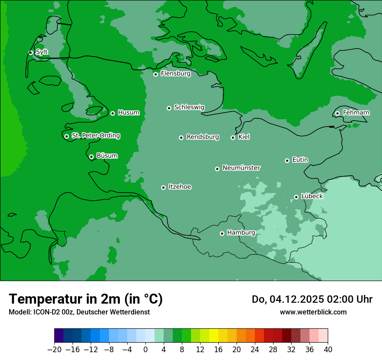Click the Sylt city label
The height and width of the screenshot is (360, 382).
tap(42, 52)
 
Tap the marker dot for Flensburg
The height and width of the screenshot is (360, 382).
tap(155, 74)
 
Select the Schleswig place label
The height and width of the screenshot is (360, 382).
tap(189, 107)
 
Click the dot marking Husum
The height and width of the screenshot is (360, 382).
tap(112, 113)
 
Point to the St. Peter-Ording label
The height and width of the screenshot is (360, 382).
tap(95, 136)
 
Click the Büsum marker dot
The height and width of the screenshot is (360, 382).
tap(91, 157)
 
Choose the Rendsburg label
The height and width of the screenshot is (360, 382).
tap(203, 137)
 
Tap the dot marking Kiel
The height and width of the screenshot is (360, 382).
tap(233, 137)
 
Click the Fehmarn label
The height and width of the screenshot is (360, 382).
tap(356, 113)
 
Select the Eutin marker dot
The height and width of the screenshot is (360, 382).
tap(287, 160)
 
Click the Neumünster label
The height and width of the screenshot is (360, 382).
tap(241, 168)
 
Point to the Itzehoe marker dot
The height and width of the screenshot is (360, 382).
tap(163, 187)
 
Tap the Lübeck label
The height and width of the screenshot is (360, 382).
tap(312, 196)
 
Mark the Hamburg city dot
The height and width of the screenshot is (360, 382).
tap(222, 233)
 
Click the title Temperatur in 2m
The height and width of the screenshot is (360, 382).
tap(86, 299)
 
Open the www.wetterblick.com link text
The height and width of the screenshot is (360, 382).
tap(313, 312)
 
